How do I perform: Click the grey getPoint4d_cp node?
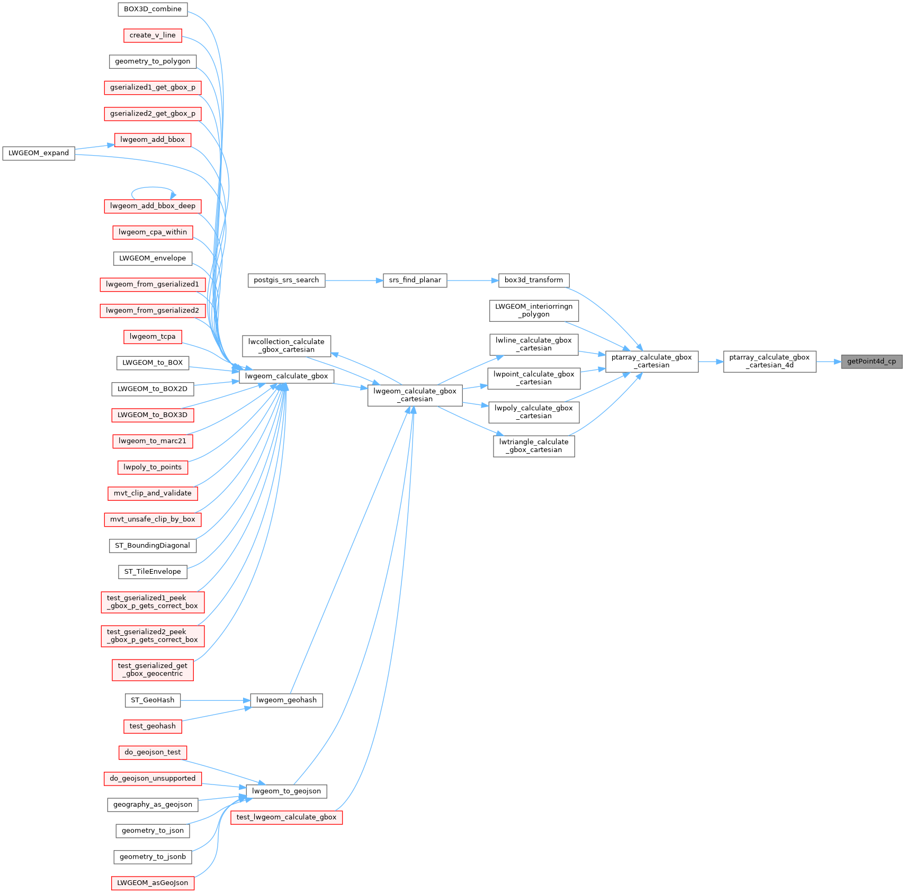[x=871, y=362]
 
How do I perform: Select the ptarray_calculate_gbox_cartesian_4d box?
[x=769, y=362]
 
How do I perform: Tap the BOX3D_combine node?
[x=153, y=9]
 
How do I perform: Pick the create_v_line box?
[x=153, y=35]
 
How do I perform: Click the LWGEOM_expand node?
[x=39, y=153]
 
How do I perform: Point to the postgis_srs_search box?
[x=286, y=280]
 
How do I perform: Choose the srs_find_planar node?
[x=415, y=280]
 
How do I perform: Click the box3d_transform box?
[x=533, y=280]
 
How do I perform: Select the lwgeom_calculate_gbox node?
[x=286, y=376]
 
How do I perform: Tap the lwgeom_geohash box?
[x=286, y=700]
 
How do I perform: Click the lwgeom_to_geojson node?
[x=286, y=791]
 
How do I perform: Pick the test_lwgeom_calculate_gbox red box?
[x=286, y=817]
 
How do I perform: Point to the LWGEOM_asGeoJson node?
[x=153, y=883]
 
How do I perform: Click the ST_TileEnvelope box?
[x=153, y=572]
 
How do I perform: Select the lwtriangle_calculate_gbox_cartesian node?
[x=533, y=446]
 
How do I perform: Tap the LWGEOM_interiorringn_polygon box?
[x=533, y=310]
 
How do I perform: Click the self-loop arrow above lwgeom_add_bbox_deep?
[x=153, y=187]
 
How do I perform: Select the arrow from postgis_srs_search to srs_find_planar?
[x=354, y=281]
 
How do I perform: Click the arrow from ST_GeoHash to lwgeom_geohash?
[x=215, y=700]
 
